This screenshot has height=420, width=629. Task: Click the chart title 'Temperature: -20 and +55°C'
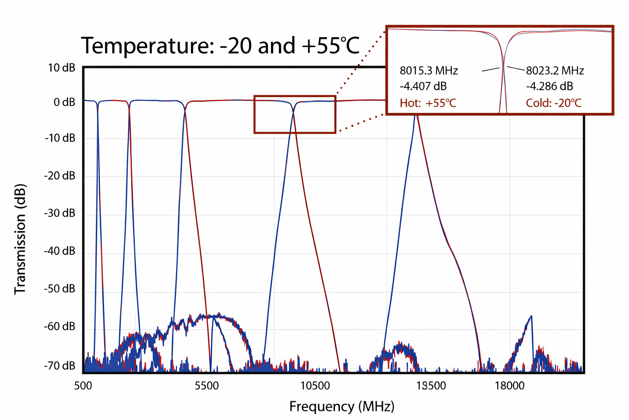220,46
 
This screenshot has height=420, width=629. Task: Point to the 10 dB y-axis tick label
61,68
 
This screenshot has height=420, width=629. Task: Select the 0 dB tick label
64,102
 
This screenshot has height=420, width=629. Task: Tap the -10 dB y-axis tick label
60,138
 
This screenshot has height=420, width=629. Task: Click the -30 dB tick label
60,213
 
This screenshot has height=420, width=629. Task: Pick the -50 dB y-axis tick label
60,289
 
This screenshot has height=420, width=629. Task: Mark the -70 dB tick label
60,365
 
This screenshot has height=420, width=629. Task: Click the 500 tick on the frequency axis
83,386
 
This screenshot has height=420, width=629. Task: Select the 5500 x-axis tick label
207,386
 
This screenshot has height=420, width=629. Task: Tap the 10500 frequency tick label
315,386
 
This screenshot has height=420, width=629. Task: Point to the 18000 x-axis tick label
509,386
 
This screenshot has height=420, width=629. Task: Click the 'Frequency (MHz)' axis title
342,406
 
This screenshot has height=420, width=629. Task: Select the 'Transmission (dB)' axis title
20,239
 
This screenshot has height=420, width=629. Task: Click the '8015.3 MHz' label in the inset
429,71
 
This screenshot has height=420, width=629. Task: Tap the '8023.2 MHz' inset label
555,71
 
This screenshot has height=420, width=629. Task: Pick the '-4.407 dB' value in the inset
423,87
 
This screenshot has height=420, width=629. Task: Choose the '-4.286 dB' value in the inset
550,87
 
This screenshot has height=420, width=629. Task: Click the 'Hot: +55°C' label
428,103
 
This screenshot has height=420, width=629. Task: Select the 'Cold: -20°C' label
554,103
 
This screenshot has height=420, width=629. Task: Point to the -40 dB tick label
60,251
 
